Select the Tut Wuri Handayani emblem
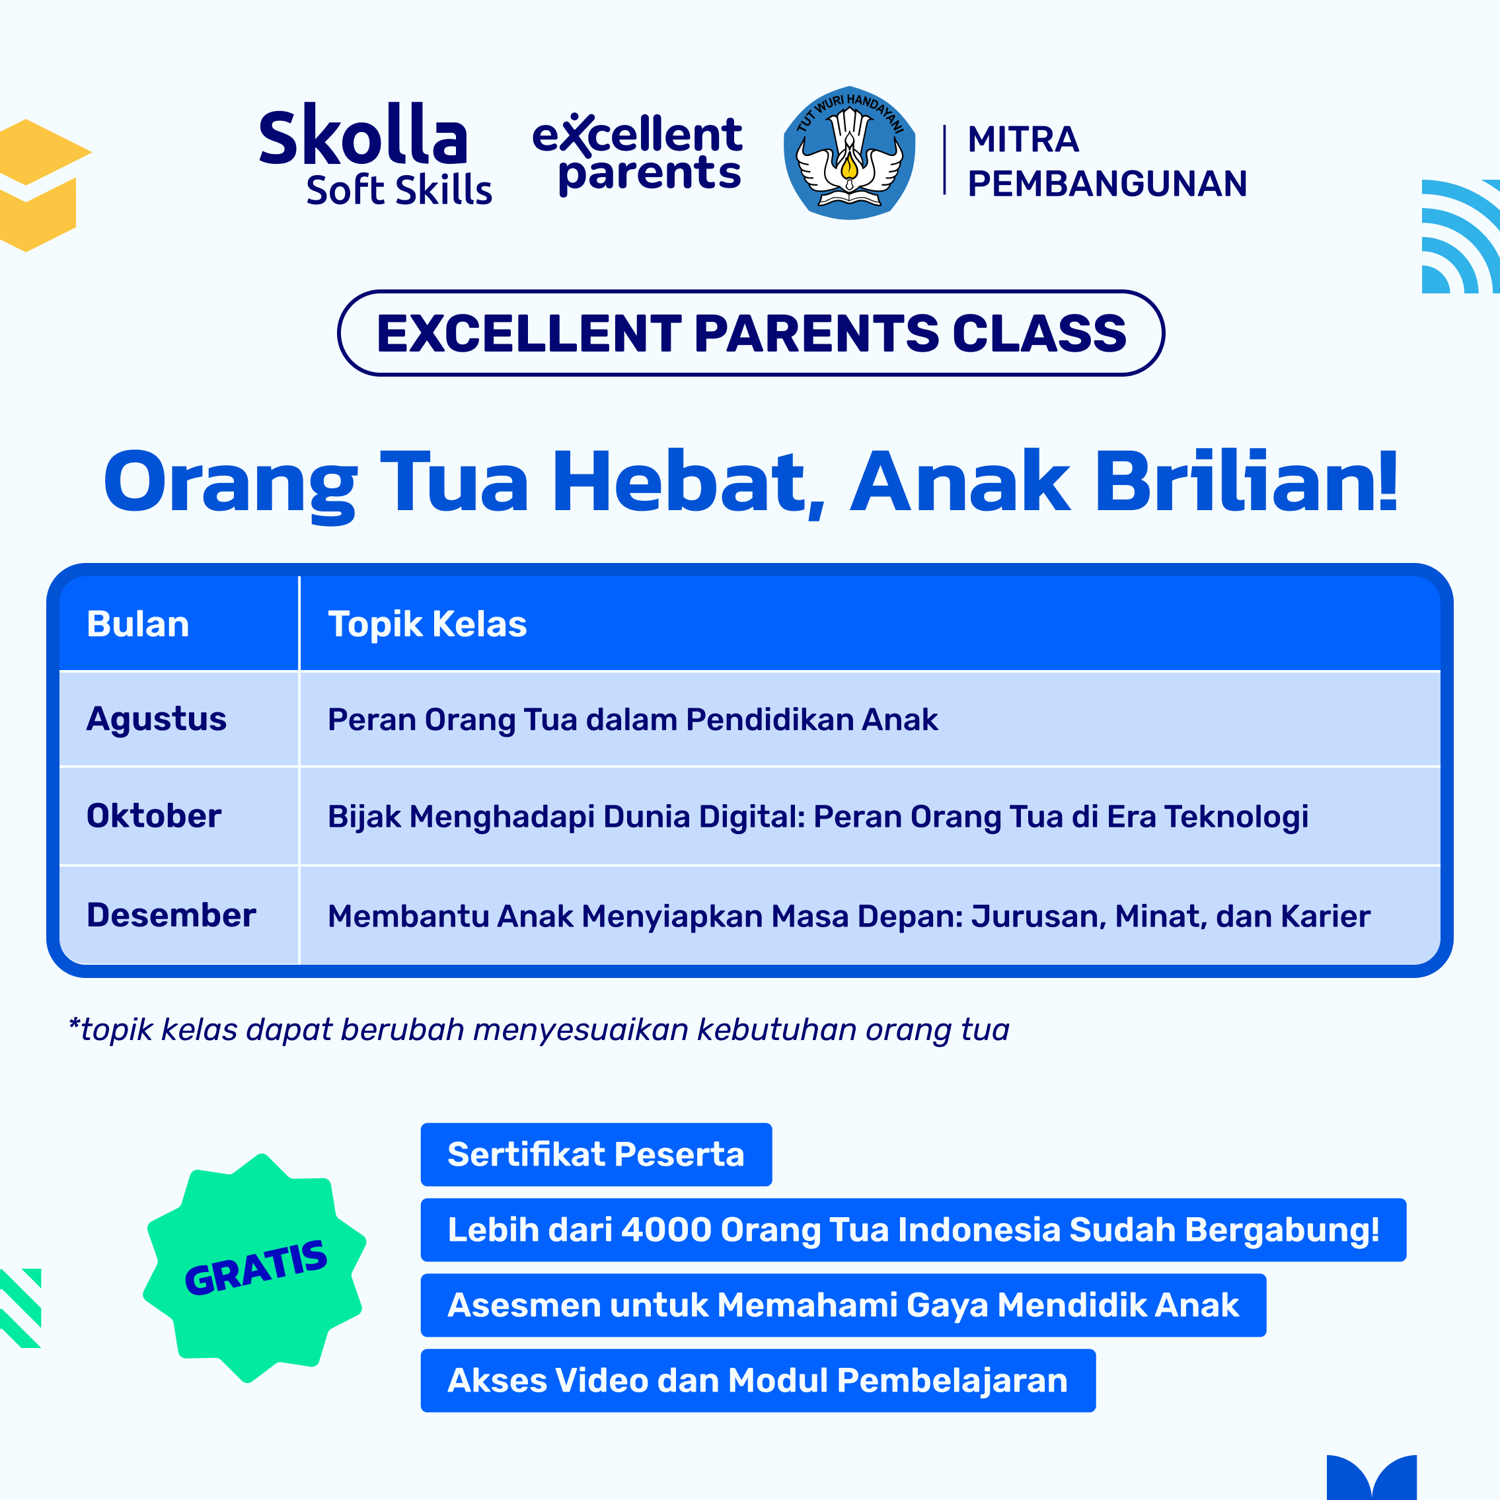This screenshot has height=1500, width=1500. click(x=849, y=153)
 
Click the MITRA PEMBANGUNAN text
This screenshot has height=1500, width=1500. click(x=1106, y=161)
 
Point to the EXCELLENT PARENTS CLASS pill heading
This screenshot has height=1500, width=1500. click(x=751, y=333)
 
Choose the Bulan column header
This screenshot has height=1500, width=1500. click(x=138, y=624)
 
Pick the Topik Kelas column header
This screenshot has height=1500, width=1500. click(x=427, y=624)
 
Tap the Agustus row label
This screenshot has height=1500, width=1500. click(x=156, y=720)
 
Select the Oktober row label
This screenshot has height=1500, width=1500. click(x=154, y=816)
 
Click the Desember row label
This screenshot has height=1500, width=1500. click(x=170, y=915)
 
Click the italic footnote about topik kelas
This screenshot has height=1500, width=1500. click(x=539, y=1030)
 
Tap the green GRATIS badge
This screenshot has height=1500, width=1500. click(x=254, y=1268)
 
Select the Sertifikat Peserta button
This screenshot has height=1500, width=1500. click(x=596, y=1154)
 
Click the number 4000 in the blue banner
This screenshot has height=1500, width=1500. click(x=666, y=1230)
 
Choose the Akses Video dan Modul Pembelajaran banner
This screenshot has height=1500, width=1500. click(x=758, y=1380)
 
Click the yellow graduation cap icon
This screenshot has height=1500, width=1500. click(x=39, y=185)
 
